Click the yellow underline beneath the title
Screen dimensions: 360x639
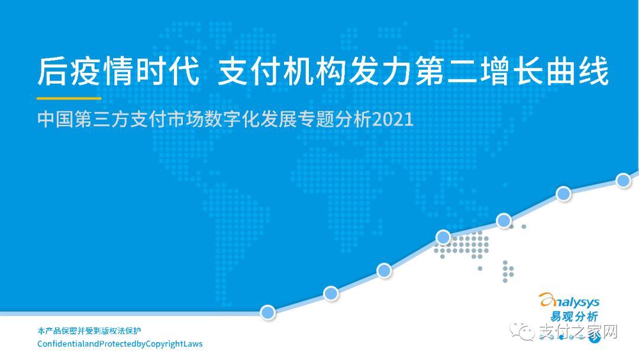click(x=69, y=98)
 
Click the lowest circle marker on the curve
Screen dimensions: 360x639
click(x=267, y=311)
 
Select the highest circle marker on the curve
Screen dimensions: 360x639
click(x=623, y=181)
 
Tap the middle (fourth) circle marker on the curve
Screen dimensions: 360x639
click(x=444, y=237)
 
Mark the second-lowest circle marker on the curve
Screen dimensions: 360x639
click(x=331, y=292)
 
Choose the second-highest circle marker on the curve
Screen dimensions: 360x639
click(x=563, y=194)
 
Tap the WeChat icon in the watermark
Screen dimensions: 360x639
click(x=525, y=332)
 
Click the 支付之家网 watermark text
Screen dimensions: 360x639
click(x=578, y=332)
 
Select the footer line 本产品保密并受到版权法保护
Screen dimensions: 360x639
click(x=89, y=330)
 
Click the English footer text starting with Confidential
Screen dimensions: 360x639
click(x=120, y=344)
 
